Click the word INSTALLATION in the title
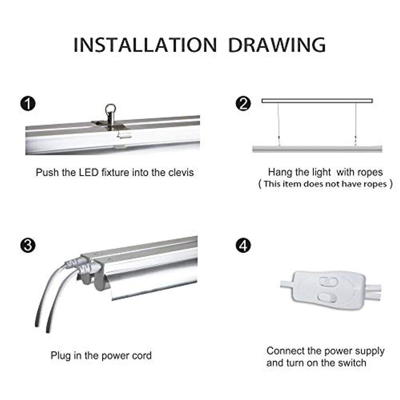(x=145, y=45)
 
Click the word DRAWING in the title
(x=277, y=45)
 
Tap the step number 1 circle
(x=28, y=104)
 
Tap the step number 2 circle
(x=243, y=104)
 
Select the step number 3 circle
(x=28, y=245)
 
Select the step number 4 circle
(x=243, y=245)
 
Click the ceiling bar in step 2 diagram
(x=317, y=101)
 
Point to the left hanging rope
(x=278, y=124)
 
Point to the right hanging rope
(x=355, y=124)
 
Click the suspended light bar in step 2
(x=317, y=149)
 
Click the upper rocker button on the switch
(x=329, y=282)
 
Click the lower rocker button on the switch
(x=328, y=297)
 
